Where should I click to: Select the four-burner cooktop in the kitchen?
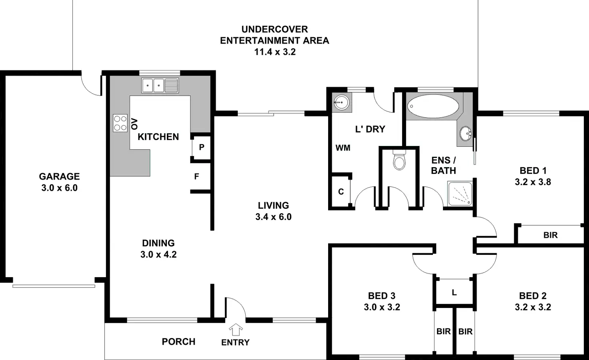pyautogui.click(x=120, y=123)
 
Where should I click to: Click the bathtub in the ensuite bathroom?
pyautogui.click(x=433, y=106)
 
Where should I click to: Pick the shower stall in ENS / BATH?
pyautogui.click(x=460, y=194)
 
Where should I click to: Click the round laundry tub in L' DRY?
pyautogui.click(x=341, y=102)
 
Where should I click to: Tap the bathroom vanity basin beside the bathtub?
pyautogui.click(x=465, y=133)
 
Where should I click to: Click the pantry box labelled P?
pyautogui.click(x=201, y=147)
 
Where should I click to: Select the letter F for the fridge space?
pyautogui.click(x=196, y=176)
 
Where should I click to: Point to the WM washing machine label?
pyautogui.click(x=343, y=148)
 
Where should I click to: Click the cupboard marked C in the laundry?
pyautogui.click(x=341, y=192)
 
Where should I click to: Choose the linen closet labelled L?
pyautogui.click(x=454, y=293)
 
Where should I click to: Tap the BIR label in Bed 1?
pyautogui.click(x=551, y=235)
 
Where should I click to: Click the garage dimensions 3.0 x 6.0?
pyautogui.click(x=59, y=188)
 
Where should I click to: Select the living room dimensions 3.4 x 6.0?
pyautogui.click(x=273, y=217)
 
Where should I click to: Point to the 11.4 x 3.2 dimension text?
pyautogui.click(x=275, y=52)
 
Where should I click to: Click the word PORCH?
pyautogui.click(x=178, y=342)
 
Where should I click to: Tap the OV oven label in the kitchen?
pyautogui.click(x=134, y=124)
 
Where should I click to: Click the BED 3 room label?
pyautogui.click(x=382, y=296)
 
